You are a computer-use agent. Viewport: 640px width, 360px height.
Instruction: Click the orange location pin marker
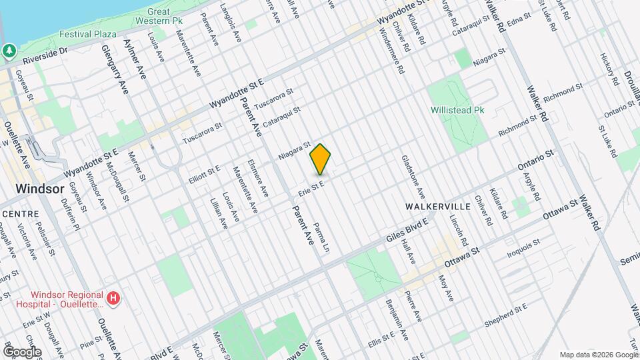(321, 159)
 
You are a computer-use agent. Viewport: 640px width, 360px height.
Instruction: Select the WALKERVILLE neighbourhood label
(437, 206)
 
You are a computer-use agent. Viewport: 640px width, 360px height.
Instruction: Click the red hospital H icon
(114, 297)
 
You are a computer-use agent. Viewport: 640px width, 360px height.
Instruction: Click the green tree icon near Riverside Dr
(9, 51)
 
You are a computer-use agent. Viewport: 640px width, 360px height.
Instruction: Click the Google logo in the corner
(21, 351)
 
